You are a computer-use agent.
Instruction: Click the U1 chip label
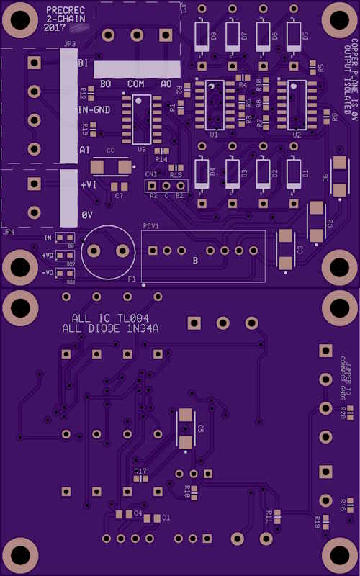pyautogui.click(x=214, y=135)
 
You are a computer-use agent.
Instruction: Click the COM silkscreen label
pyautogui.click(x=135, y=84)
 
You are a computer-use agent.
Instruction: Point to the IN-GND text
pyautogui.click(x=94, y=110)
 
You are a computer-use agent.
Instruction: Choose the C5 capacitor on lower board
pyautogui.click(x=186, y=429)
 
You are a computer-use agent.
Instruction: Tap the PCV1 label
pyautogui.click(x=150, y=226)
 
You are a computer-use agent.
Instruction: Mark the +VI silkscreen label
pyautogui.click(x=89, y=184)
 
